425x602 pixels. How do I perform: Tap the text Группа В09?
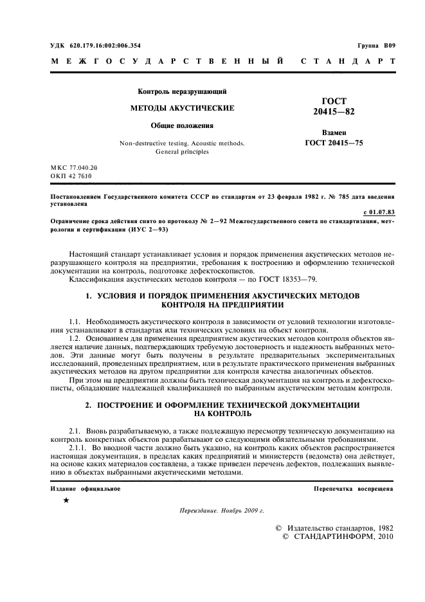(x=376, y=45)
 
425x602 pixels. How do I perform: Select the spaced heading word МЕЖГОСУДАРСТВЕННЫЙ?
(x=166, y=62)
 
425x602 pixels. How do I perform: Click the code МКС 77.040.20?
(x=74, y=167)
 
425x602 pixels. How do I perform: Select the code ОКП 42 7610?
(x=71, y=175)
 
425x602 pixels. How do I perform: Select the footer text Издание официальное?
(x=86, y=489)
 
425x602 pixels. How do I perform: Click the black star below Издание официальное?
(x=66, y=500)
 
